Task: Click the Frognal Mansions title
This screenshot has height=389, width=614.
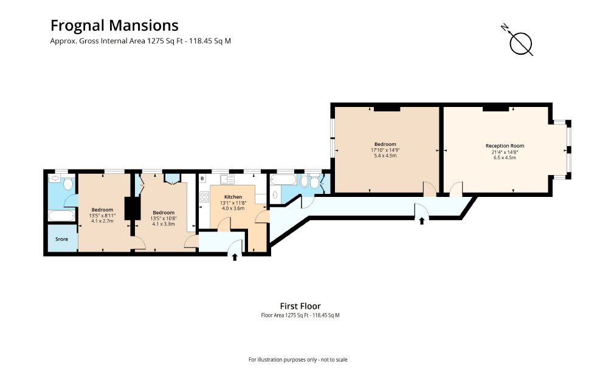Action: tap(114, 26)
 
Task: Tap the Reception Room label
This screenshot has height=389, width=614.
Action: tap(505, 146)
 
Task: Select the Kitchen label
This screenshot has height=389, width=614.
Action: tap(233, 197)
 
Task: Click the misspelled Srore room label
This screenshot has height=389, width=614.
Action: tap(61, 239)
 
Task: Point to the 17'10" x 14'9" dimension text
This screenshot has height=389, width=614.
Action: tap(385, 150)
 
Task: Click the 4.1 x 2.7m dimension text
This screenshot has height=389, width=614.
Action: tap(102, 221)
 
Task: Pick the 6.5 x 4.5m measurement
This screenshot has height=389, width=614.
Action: tap(505, 157)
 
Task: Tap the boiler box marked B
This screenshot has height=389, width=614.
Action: tap(202, 179)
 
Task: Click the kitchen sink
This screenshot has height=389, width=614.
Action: tap(227, 179)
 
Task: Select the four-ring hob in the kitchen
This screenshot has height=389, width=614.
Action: tap(204, 197)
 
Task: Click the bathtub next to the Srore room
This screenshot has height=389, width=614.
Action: tap(61, 216)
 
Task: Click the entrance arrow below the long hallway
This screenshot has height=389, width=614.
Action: tap(422, 221)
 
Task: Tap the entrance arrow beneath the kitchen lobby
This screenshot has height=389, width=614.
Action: tap(235, 257)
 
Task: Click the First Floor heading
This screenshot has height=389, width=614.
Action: tap(300, 306)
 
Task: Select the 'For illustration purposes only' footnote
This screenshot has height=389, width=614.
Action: tap(298, 360)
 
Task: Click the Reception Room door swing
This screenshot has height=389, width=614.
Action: tap(456, 188)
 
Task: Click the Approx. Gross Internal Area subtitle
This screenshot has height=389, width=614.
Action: tap(140, 41)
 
